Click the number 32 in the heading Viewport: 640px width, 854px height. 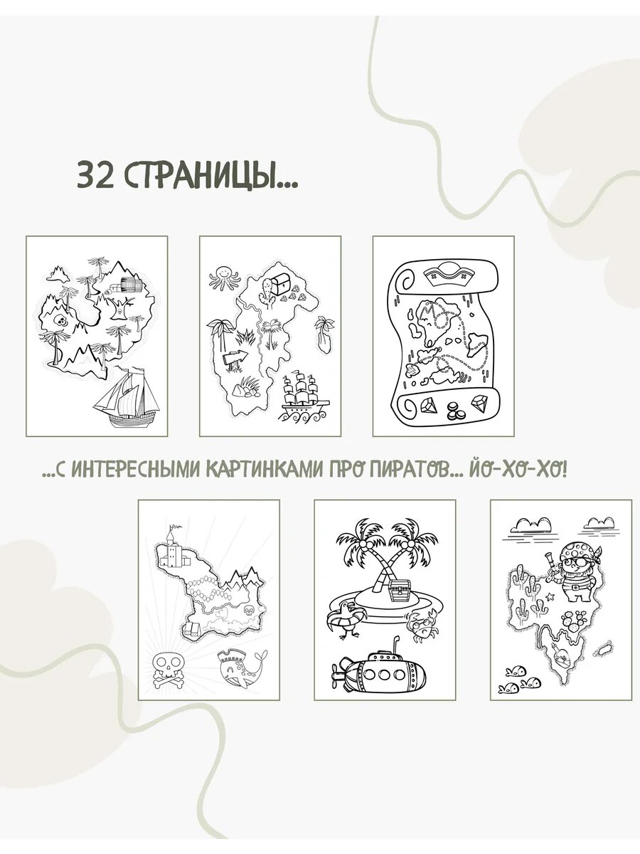point(95,175)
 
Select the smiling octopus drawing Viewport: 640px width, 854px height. point(223,277)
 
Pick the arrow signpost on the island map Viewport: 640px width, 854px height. point(235,357)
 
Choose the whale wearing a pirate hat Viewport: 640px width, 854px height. point(241,666)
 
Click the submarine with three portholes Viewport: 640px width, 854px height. point(381,671)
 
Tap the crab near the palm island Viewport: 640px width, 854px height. point(424,627)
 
